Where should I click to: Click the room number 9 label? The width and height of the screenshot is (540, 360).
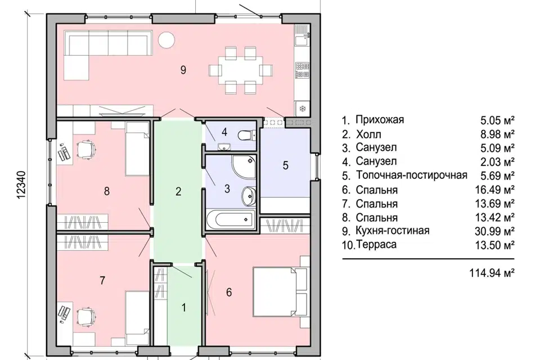click(x=183, y=70)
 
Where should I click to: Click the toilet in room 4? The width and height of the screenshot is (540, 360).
click(x=245, y=136)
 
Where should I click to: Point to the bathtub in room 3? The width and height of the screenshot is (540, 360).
click(x=228, y=220)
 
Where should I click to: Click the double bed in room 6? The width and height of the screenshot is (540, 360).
click(x=280, y=293)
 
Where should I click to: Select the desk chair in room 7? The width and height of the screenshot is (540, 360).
click(x=85, y=317)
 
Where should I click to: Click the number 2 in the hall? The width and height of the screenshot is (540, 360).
click(x=178, y=192)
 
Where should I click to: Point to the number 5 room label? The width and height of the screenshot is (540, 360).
click(x=285, y=165)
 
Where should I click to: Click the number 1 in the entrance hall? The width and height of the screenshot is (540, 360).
click(x=183, y=308)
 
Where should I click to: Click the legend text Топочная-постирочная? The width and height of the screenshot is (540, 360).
click(x=411, y=175)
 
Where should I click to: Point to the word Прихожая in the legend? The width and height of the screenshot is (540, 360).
click(x=380, y=120)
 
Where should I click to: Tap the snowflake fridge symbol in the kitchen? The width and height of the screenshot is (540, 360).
click(x=302, y=107)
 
